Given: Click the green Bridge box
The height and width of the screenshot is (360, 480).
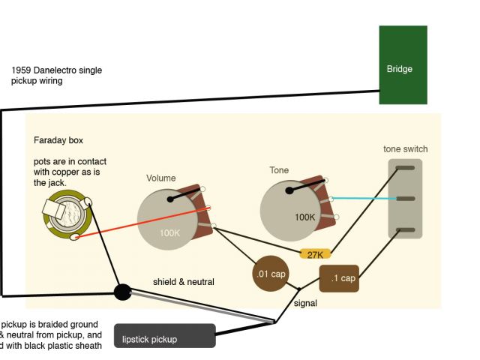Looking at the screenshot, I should tap(403, 65).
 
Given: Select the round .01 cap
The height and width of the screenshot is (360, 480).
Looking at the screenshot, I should tap(270, 274).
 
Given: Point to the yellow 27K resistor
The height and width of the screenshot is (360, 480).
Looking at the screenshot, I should tap(316, 254).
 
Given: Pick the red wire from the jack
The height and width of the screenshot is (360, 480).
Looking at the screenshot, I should tap(142, 223).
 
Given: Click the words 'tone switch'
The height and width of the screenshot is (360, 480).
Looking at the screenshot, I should tap(405, 149).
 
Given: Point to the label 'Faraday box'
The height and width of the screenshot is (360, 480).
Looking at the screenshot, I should tap(58, 140).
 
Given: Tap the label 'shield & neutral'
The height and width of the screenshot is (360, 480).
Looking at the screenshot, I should tap(184, 282).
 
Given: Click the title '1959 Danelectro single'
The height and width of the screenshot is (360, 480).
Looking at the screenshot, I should tap(57, 70).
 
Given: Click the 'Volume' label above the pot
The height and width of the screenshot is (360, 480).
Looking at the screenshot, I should tap(160, 178).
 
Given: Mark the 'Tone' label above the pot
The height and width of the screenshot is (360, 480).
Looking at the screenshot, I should tap(279, 170).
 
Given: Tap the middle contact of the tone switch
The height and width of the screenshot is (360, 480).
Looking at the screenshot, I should tap(405, 199).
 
